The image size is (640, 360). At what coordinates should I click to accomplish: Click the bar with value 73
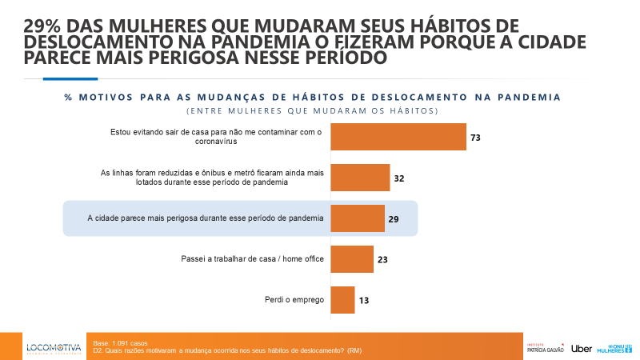coord(398,137)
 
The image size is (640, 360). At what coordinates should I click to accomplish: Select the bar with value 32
coord(360,178)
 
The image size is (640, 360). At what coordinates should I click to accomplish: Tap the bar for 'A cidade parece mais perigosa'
coord(357,218)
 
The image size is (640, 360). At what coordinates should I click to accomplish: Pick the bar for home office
coord(351,259)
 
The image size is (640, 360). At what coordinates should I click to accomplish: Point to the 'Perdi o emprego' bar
coord(342,300)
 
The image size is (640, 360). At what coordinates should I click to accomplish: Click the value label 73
coord(475,138)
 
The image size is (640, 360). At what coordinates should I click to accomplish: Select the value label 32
coord(398,178)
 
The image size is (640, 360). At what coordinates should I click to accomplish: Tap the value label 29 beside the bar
coord(394,219)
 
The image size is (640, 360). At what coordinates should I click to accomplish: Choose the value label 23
coord(382,260)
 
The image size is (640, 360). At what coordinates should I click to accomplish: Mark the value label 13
coord(364,301)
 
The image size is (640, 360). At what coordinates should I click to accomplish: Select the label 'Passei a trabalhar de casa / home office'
coord(251,259)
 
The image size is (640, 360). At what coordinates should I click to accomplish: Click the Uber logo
coord(582,348)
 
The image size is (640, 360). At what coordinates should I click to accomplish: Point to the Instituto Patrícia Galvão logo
coord(546,348)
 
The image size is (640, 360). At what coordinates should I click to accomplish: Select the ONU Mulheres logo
coord(615,347)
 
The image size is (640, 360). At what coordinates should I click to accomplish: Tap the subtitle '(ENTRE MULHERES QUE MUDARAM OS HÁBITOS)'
coord(312,110)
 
